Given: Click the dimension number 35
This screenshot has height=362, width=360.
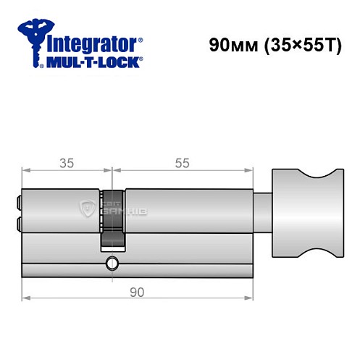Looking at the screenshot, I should [67, 163].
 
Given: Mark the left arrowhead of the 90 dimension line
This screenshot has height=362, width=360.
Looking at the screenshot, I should [25, 297].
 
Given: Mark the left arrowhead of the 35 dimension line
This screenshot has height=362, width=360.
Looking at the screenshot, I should [25, 172].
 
